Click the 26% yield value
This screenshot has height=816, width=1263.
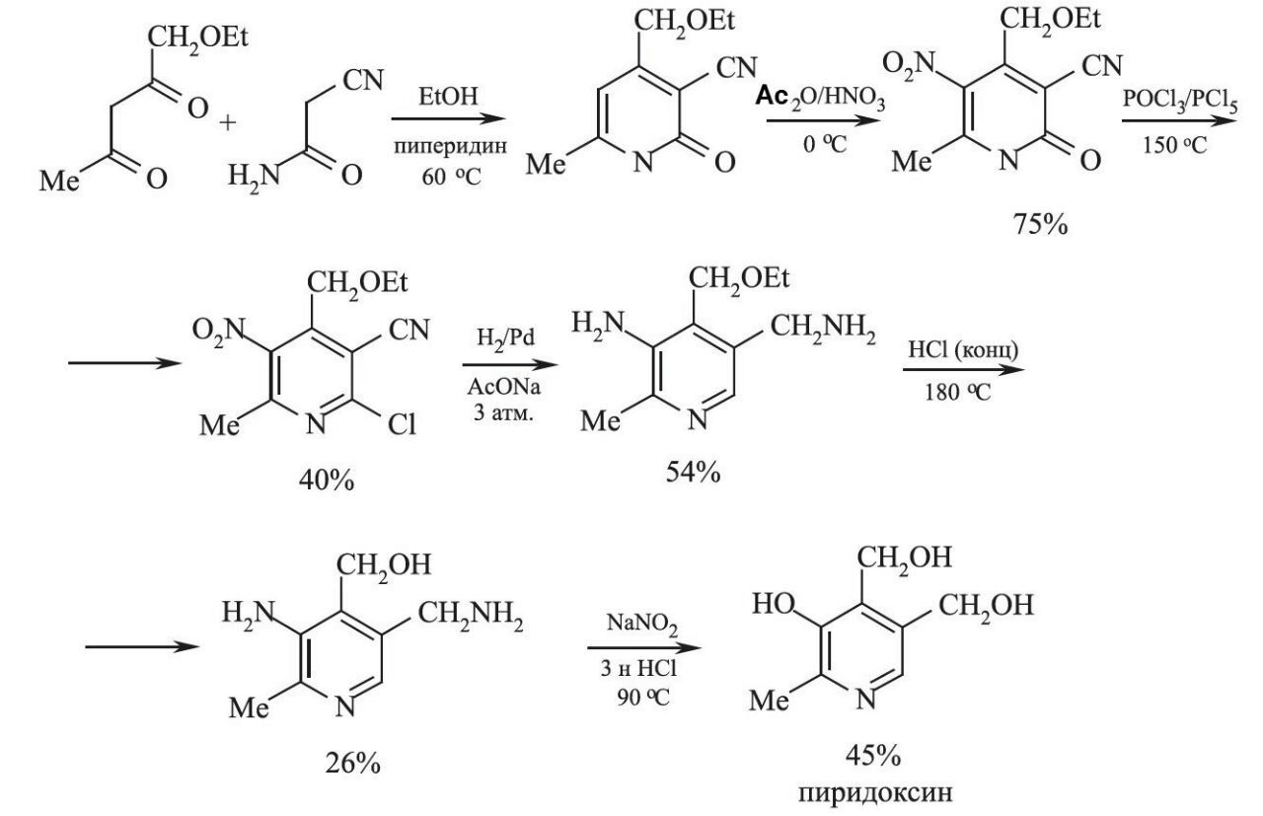coord(351,763)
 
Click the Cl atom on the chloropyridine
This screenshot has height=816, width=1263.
coord(400,425)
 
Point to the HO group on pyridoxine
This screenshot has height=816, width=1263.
coord(775,603)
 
